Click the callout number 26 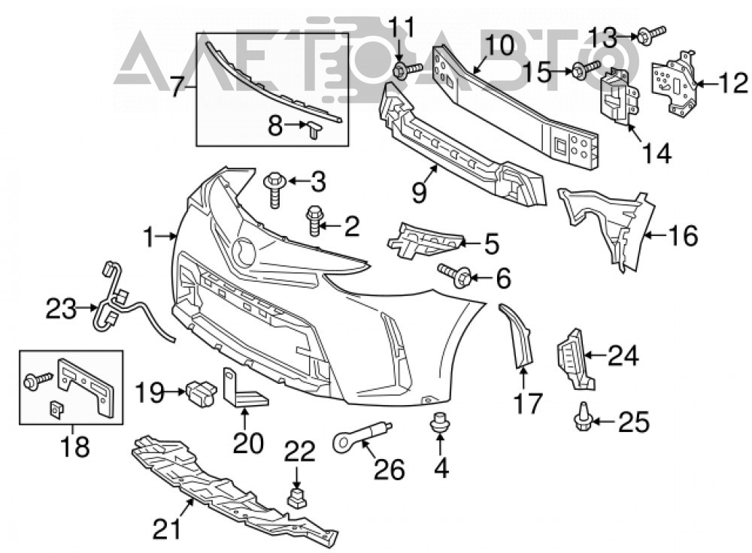[x=390, y=469]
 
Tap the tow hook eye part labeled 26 [x=362, y=434]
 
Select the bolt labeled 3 [x=274, y=190]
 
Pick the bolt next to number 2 [x=314, y=220]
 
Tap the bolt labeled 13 [x=650, y=35]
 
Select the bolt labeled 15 [x=586, y=71]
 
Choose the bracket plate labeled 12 [x=672, y=85]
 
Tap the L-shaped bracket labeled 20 [x=244, y=388]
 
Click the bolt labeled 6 [x=455, y=276]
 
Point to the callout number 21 [x=168, y=529]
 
